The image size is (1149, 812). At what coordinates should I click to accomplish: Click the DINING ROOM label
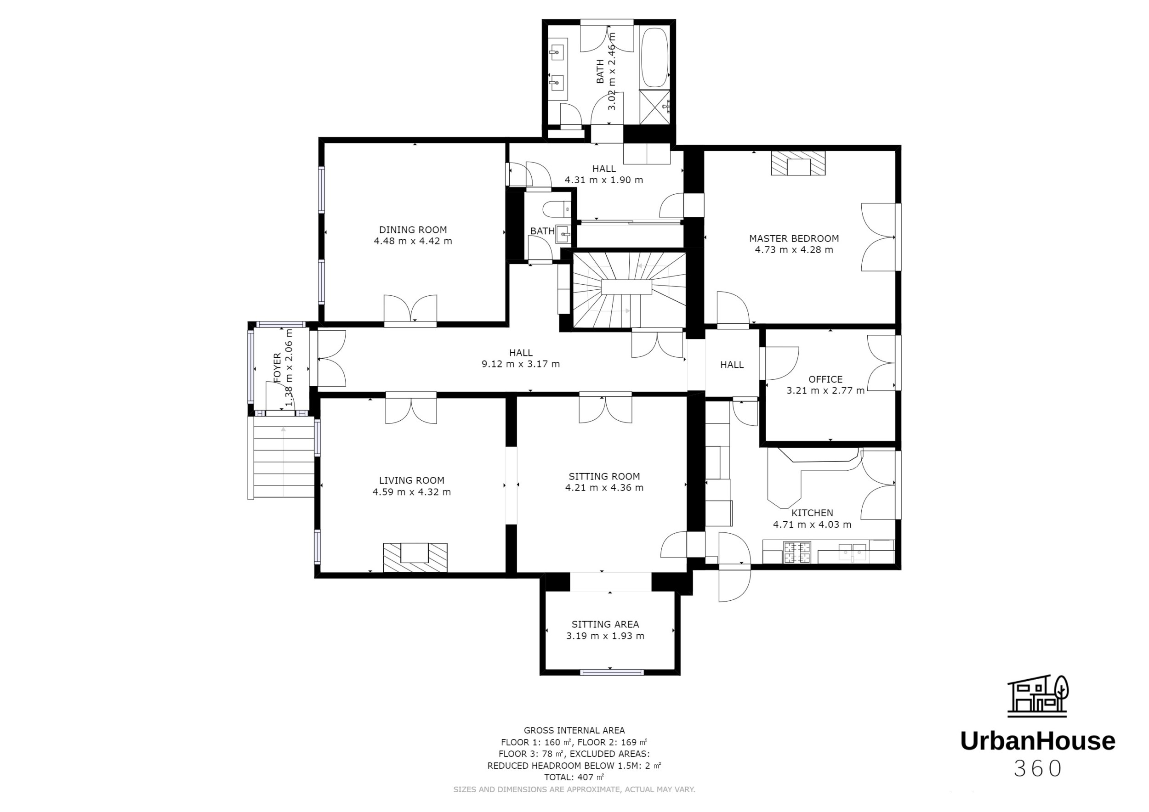click(413, 230)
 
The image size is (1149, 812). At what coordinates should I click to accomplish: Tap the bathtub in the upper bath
click(654, 57)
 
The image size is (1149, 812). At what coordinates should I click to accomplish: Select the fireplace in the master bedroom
click(798, 164)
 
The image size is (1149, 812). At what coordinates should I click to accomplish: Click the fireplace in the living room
click(415, 557)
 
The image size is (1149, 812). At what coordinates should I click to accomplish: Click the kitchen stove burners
click(796, 553)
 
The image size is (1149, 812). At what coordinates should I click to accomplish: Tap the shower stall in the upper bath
click(654, 107)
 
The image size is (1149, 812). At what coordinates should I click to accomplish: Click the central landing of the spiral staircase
click(626, 288)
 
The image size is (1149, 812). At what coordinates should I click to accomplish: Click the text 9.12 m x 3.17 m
click(520, 364)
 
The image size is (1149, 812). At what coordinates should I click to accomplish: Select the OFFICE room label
click(825, 379)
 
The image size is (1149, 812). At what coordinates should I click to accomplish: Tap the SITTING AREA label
click(605, 624)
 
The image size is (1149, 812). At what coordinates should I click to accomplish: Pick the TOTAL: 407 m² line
click(574, 777)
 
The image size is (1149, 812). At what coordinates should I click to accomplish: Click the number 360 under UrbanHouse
click(1037, 769)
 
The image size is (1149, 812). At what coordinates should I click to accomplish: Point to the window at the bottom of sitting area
click(612, 672)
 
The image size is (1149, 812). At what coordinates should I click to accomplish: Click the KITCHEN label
click(812, 513)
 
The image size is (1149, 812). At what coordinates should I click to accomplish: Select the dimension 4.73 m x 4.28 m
click(794, 249)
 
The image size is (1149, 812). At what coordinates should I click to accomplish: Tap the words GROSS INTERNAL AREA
click(574, 730)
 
